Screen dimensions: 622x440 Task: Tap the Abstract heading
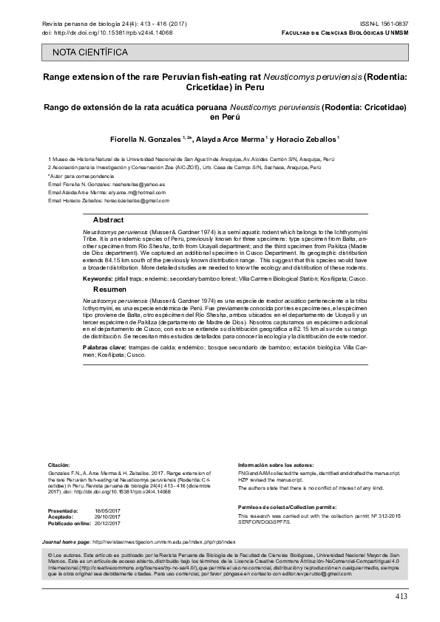pos(108,221)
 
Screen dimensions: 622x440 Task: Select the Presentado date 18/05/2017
pos(107,511)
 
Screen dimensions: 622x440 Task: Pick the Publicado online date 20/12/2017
pos(107,524)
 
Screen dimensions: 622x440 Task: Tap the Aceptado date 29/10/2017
pos(107,518)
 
